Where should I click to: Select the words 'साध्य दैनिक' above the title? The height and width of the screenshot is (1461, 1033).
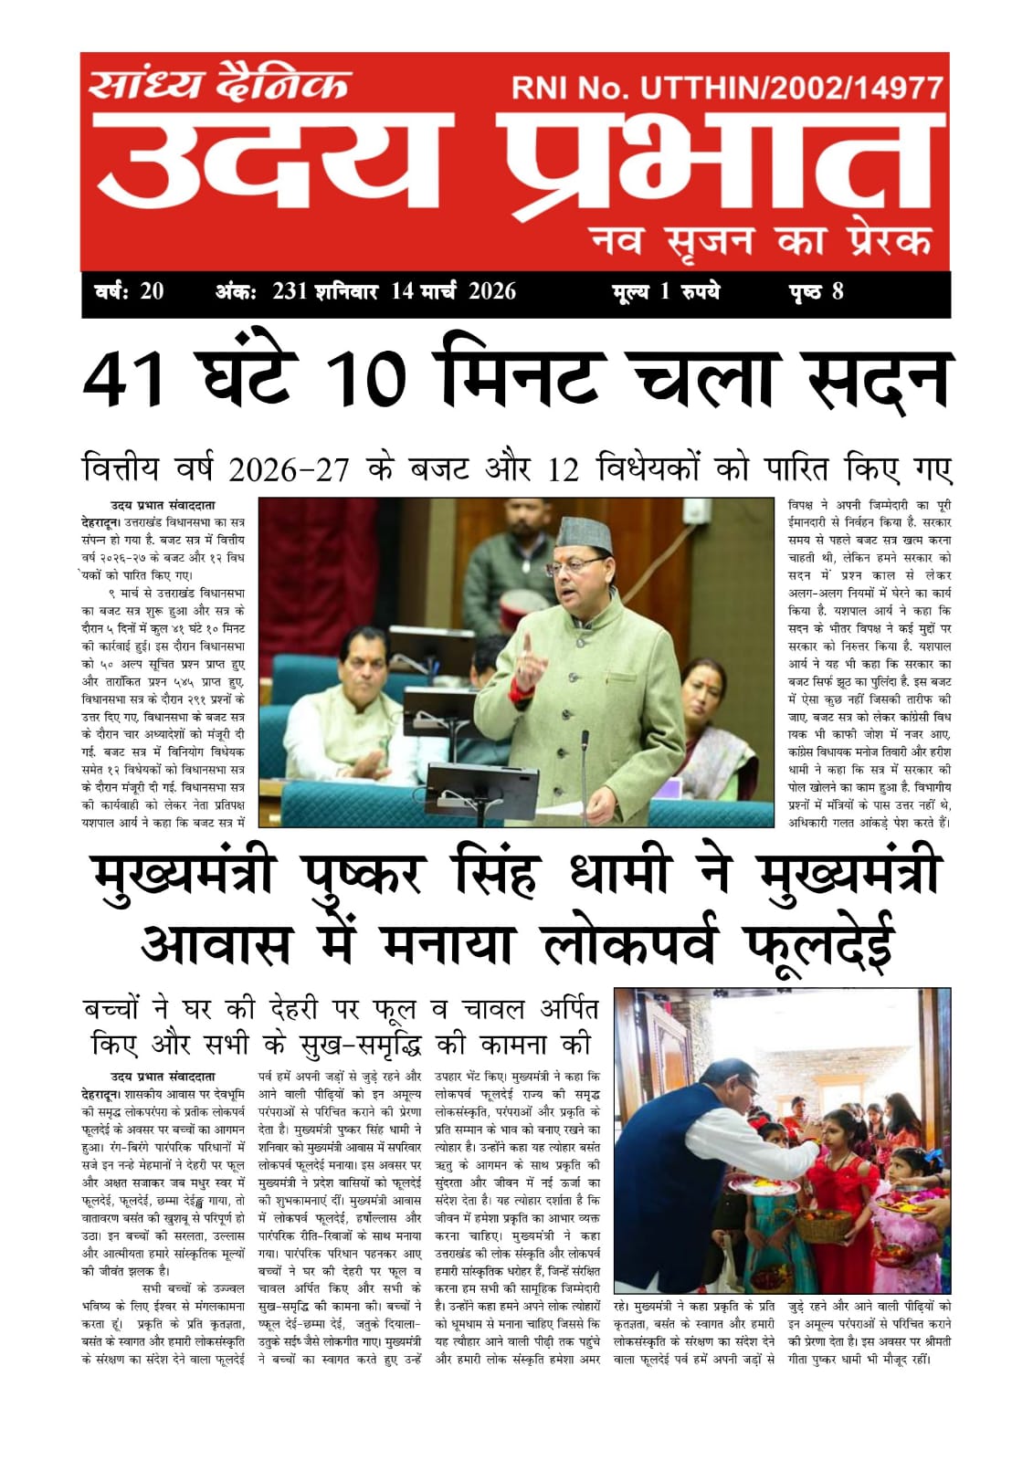click(219, 84)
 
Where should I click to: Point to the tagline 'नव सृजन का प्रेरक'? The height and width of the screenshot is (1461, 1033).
click(762, 240)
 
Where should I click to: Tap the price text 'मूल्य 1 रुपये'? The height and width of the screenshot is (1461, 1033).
click(666, 292)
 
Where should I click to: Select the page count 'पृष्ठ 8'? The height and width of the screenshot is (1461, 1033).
click(816, 292)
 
